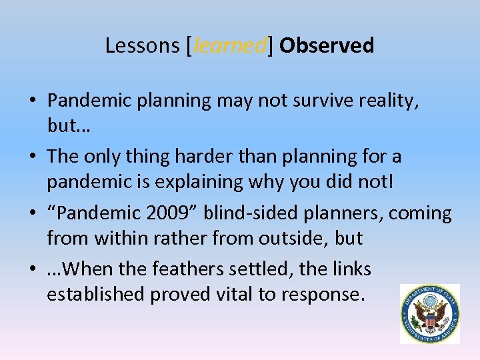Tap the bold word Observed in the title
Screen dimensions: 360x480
(x=327, y=45)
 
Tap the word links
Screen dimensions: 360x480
(x=349, y=269)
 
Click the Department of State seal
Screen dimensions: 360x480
(x=429, y=313)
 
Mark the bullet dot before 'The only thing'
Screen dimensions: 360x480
(x=33, y=157)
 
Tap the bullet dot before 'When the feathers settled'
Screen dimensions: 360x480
(x=33, y=269)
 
